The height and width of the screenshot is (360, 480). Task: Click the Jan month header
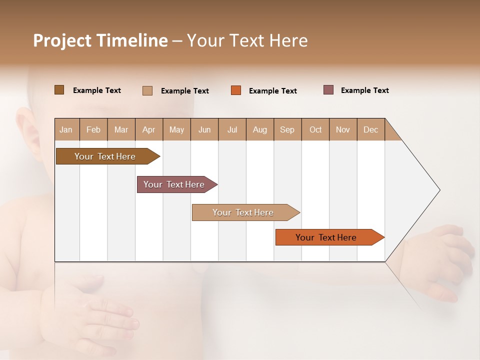[x=66, y=129]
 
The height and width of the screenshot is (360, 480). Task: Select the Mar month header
[x=121, y=129]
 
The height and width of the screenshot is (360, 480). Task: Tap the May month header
[x=176, y=129]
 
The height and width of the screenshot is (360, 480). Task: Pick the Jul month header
[x=232, y=129]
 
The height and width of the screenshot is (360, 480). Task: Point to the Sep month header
[x=287, y=129]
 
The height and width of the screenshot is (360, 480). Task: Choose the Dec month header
[x=370, y=129]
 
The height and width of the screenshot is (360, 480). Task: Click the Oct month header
[x=315, y=129]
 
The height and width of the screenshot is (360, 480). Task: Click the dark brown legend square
[x=59, y=90]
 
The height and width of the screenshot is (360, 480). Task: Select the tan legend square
[x=147, y=90]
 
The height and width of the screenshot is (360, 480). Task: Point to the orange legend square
[x=236, y=90]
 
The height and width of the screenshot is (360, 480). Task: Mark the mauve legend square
[x=328, y=90]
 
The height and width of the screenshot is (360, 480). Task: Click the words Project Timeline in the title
[x=100, y=40]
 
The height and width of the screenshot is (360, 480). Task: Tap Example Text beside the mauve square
[x=364, y=90]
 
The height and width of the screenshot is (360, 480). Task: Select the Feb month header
[x=93, y=129]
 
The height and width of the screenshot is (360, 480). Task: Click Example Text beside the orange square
[x=272, y=91]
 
